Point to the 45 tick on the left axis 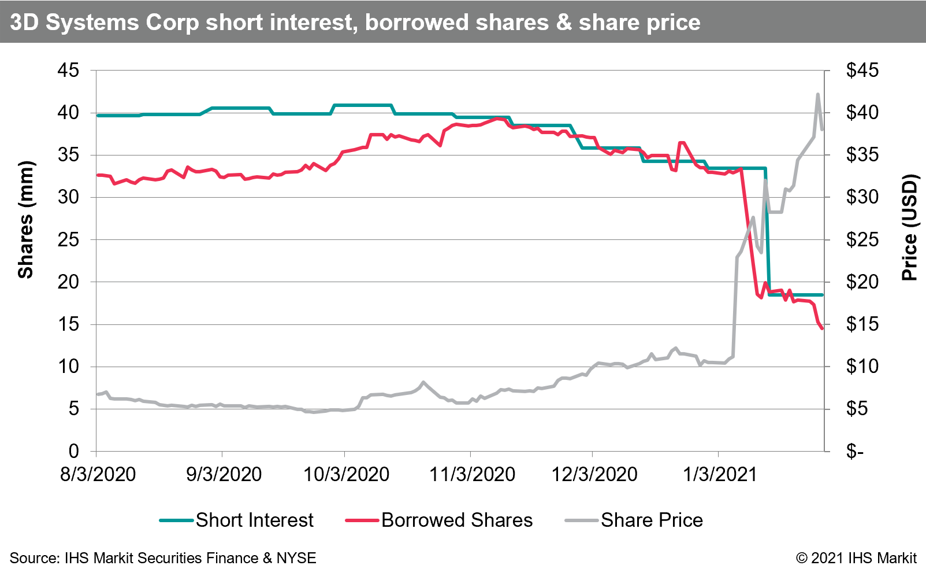tap(68, 71)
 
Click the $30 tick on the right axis tap(862, 197)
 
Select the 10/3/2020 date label tap(346, 475)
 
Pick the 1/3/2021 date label tap(719, 475)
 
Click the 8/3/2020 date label tap(98, 475)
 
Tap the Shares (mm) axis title tap(25, 220)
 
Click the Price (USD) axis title tap(909, 227)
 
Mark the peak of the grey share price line tap(817, 94)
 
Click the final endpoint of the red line tap(822, 328)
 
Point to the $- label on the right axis tap(855, 451)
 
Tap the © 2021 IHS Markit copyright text tap(856, 558)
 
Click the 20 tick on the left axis tap(68, 282)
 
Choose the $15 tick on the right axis tap(862, 324)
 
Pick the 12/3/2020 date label tap(594, 475)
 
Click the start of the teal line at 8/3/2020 tap(97, 116)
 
